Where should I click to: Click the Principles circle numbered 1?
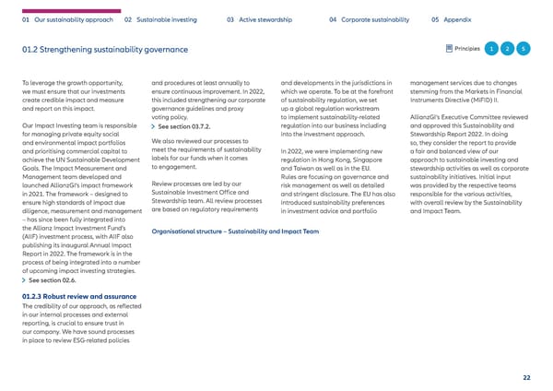tap(493, 48)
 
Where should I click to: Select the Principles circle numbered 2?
tap(508, 48)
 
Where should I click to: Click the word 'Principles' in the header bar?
tap(466, 48)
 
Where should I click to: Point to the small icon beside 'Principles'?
tap(449, 48)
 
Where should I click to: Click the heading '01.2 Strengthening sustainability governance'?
tap(102, 49)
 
